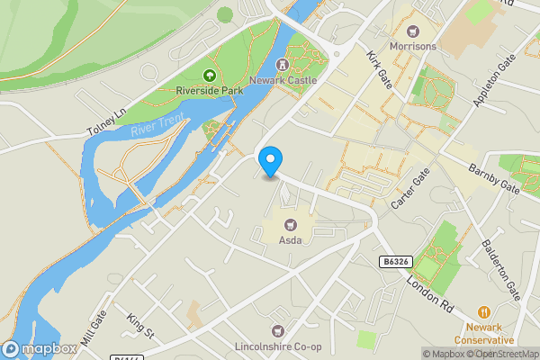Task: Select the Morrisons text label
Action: pos(413,46)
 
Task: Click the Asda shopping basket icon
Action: pos(290,225)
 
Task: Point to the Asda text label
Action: pos(290,240)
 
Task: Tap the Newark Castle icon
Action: pos(283,64)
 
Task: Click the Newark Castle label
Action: pos(296,79)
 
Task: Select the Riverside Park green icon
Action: pos(210,75)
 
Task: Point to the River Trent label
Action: pos(157,126)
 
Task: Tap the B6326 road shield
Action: pos(396,260)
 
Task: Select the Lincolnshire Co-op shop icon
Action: pos(276,331)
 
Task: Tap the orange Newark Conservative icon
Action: pos(484,310)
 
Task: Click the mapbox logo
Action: pos(40,349)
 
